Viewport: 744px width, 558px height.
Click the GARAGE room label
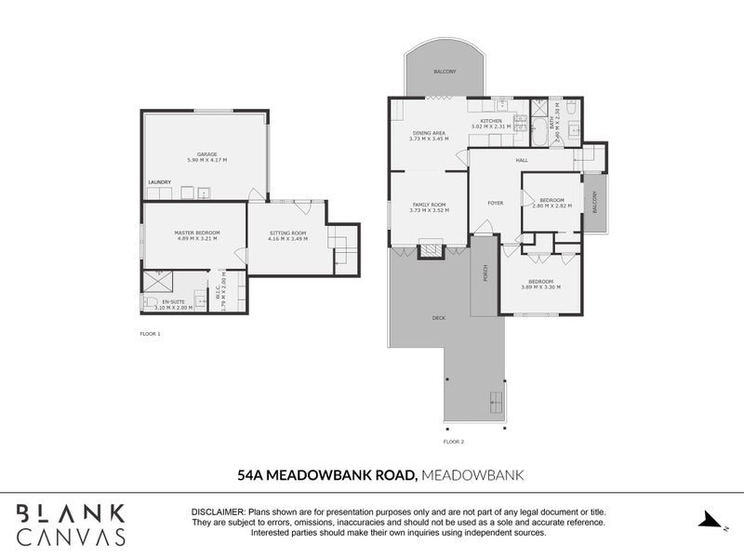(206, 154)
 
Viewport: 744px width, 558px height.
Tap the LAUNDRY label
(159, 182)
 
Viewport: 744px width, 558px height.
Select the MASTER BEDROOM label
(196, 232)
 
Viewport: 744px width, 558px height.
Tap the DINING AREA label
(429, 133)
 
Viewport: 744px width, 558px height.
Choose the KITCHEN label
(490, 122)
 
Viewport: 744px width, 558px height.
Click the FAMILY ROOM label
(429, 205)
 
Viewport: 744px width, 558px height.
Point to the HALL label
(522, 160)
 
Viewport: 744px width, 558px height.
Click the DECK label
(438, 318)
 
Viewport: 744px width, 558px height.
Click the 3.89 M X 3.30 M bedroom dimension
(540, 287)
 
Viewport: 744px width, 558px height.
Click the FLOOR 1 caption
(151, 333)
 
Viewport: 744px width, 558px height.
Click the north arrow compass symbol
(711, 520)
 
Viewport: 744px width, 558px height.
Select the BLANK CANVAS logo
(71, 524)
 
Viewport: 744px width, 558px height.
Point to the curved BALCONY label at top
(445, 72)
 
